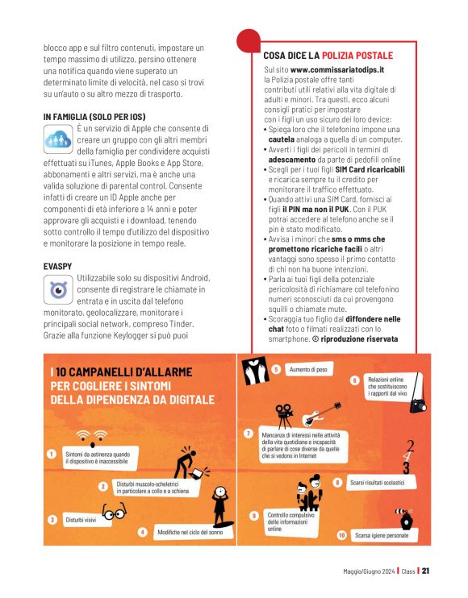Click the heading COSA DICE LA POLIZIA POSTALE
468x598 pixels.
point(328,56)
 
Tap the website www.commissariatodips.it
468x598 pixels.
point(337,71)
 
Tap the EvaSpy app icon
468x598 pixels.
point(58,289)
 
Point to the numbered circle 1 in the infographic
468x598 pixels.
point(52,454)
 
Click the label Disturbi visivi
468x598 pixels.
point(81,520)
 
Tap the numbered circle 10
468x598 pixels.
point(341,534)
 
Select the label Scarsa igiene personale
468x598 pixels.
point(382,534)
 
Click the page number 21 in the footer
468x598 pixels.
point(426,571)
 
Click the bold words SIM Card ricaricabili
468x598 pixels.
point(370,170)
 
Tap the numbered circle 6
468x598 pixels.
point(354,380)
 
